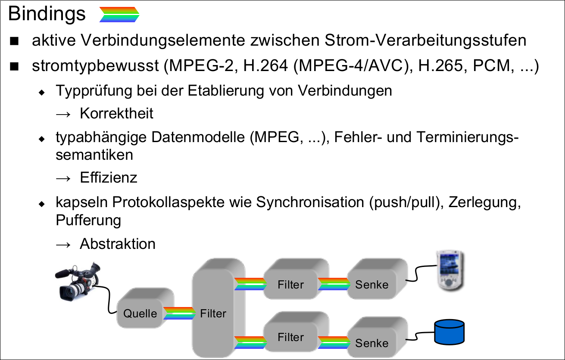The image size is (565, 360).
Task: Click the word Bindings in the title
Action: click(x=47, y=14)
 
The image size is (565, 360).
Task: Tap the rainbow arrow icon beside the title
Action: click(x=119, y=15)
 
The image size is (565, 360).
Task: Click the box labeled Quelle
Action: click(x=140, y=313)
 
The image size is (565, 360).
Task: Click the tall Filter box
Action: click(x=213, y=313)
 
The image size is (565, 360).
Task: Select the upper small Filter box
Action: click(x=290, y=284)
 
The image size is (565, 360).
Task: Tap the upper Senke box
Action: click(x=371, y=284)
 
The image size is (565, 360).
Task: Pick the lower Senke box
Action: click(x=371, y=343)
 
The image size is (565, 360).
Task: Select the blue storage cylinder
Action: click(x=449, y=331)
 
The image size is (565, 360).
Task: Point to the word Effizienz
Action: click(x=109, y=177)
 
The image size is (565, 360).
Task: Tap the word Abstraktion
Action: click(x=117, y=244)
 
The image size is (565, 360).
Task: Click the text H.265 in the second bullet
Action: click(x=436, y=67)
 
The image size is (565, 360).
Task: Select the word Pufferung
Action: click(x=88, y=220)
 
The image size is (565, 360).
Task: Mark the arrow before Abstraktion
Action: click(x=63, y=244)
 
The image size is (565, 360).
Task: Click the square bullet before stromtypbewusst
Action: click(x=15, y=67)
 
